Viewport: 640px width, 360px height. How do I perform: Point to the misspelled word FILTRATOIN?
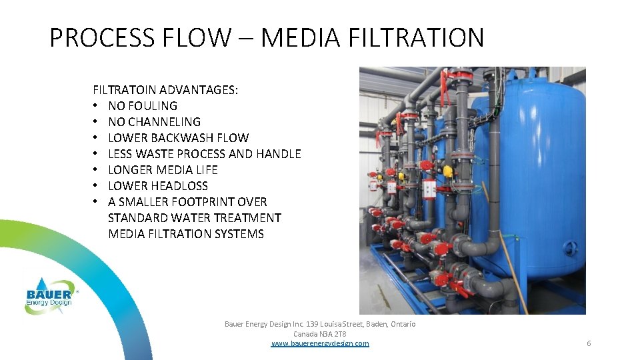tap(125, 89)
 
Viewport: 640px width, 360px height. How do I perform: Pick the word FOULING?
tap(153, 105)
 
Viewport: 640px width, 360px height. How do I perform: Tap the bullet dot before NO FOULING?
tap(96, 106)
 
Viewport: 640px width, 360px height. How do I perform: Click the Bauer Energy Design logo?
tap(49, 293)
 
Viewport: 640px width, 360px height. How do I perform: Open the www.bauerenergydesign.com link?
tap(320, 343)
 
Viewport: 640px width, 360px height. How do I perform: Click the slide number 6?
tap(589, 343)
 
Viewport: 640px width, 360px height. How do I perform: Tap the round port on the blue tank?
tap(571, 247)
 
